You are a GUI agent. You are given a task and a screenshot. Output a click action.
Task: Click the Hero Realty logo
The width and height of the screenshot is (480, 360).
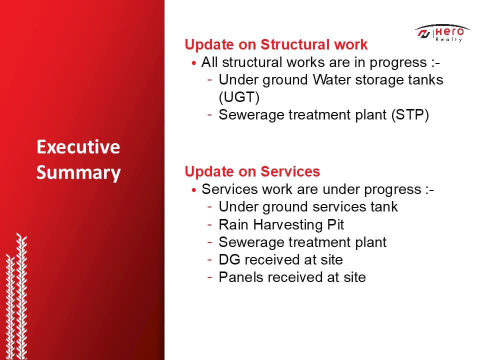coord(442,33)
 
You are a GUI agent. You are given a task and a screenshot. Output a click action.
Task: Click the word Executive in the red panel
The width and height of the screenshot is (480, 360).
coord(78,147)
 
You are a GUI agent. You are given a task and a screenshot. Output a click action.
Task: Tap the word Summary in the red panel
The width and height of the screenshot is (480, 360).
coord(78,173)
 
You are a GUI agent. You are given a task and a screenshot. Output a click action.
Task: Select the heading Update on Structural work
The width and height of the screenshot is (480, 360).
coord(276,44)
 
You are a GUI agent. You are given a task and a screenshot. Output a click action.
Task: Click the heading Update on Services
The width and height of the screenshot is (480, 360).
coord(252,171)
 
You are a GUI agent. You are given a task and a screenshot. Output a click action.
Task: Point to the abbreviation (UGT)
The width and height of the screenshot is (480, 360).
coord(239,97)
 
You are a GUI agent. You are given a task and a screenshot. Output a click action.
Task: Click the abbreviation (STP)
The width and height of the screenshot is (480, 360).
coord(410,115)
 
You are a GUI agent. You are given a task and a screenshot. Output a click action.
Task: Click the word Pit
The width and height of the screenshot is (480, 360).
coord(335,224)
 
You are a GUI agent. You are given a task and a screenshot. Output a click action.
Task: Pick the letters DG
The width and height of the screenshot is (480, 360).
coord(229,259)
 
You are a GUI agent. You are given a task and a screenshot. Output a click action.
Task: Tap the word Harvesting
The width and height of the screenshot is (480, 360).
coord(288,225)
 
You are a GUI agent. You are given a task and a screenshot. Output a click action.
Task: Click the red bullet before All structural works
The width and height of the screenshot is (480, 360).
coord(194,63)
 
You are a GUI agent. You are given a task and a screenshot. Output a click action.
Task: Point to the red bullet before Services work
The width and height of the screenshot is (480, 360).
coord(194,190)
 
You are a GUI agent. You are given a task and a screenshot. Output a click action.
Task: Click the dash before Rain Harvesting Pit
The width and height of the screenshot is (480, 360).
coord(209,224)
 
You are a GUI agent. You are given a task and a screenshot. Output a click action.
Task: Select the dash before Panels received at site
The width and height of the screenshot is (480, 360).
coord(209,277)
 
